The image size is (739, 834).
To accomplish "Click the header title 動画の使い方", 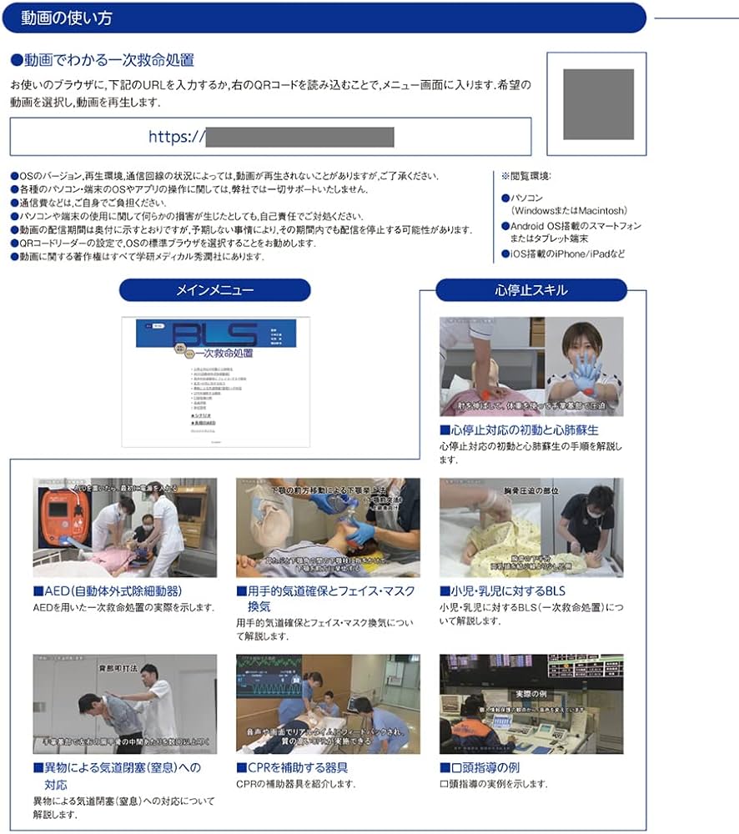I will point(68,18).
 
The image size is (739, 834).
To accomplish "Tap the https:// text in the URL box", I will point(176,137).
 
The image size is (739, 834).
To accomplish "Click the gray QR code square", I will point(597,104).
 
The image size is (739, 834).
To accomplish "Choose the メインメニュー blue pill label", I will point(214,290).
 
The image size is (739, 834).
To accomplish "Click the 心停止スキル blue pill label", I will point(531,290).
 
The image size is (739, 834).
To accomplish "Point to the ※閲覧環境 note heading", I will point(526,176).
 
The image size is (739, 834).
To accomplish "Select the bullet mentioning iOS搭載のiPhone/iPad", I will point(563,254).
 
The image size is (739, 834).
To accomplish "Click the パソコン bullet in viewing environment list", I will point(525,198).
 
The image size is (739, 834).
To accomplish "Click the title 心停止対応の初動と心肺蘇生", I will point(524,430).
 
